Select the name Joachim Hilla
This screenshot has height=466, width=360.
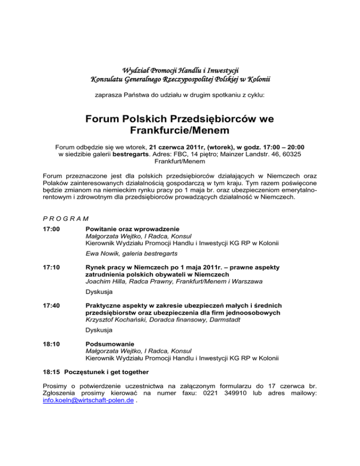tap(108, 281)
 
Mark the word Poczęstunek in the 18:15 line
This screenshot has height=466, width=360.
tap(92, 372)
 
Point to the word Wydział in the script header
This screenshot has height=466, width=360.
tap(132, 71)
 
